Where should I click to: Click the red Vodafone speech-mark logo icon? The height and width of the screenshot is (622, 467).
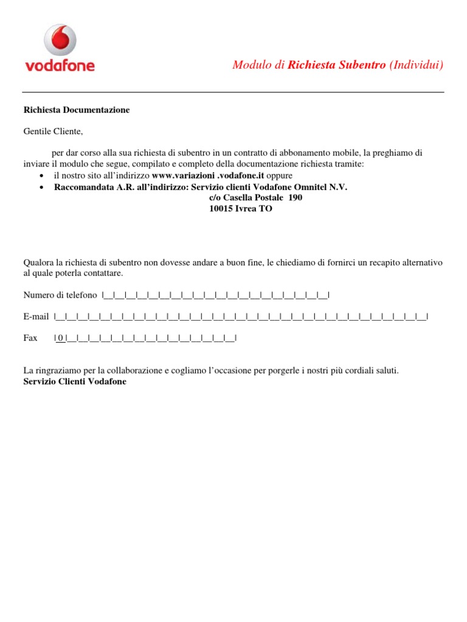[x=60, y=40]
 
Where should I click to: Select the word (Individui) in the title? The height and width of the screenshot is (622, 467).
[x=416, y=65]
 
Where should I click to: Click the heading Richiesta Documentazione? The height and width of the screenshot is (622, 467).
[x=76, y=110]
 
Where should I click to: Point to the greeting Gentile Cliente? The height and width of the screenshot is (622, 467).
[x=52, y=131]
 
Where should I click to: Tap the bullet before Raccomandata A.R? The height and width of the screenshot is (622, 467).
[x=40, y=188]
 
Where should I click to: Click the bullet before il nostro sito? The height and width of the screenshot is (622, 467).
[x=40, y=176]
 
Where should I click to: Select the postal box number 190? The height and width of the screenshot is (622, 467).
[x=295, y=198]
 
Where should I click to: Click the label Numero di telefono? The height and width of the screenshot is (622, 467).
[x=60, y=295]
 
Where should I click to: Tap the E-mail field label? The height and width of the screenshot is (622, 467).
[x=36, y=316]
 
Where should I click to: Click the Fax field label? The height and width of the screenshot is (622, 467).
[x=30, y=338]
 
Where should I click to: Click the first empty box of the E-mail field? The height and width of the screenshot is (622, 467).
[x=60, y=316]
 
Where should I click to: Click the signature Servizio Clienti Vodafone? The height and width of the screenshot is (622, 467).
[x=75, y=382]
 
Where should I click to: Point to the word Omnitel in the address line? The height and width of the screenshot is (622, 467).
[x=310, y=188]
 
